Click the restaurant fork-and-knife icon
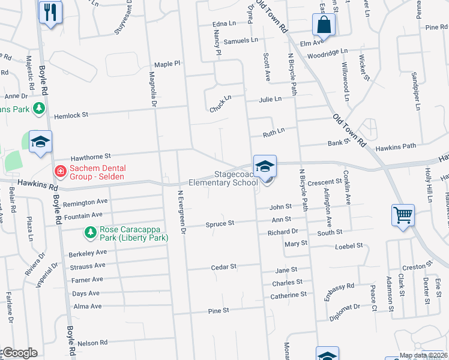click(x=49, y=11)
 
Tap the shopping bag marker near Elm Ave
click(x=323, y=25)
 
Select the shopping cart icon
click(x=402, y=214)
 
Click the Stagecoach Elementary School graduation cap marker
click(x=265, y=166)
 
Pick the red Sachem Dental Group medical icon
click(x=60, y=172)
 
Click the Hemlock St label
click(x=71, y=115)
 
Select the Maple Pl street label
click(x=167, y=64)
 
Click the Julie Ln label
click(x=270, y=100)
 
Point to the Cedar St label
click(x=224, y=266)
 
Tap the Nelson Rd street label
click(x=92, y=343)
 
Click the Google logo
click(x=19, y=353)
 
